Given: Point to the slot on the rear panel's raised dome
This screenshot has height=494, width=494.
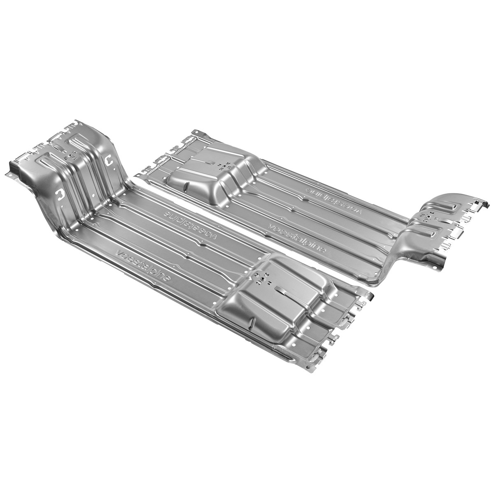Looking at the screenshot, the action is coord(210,163).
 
